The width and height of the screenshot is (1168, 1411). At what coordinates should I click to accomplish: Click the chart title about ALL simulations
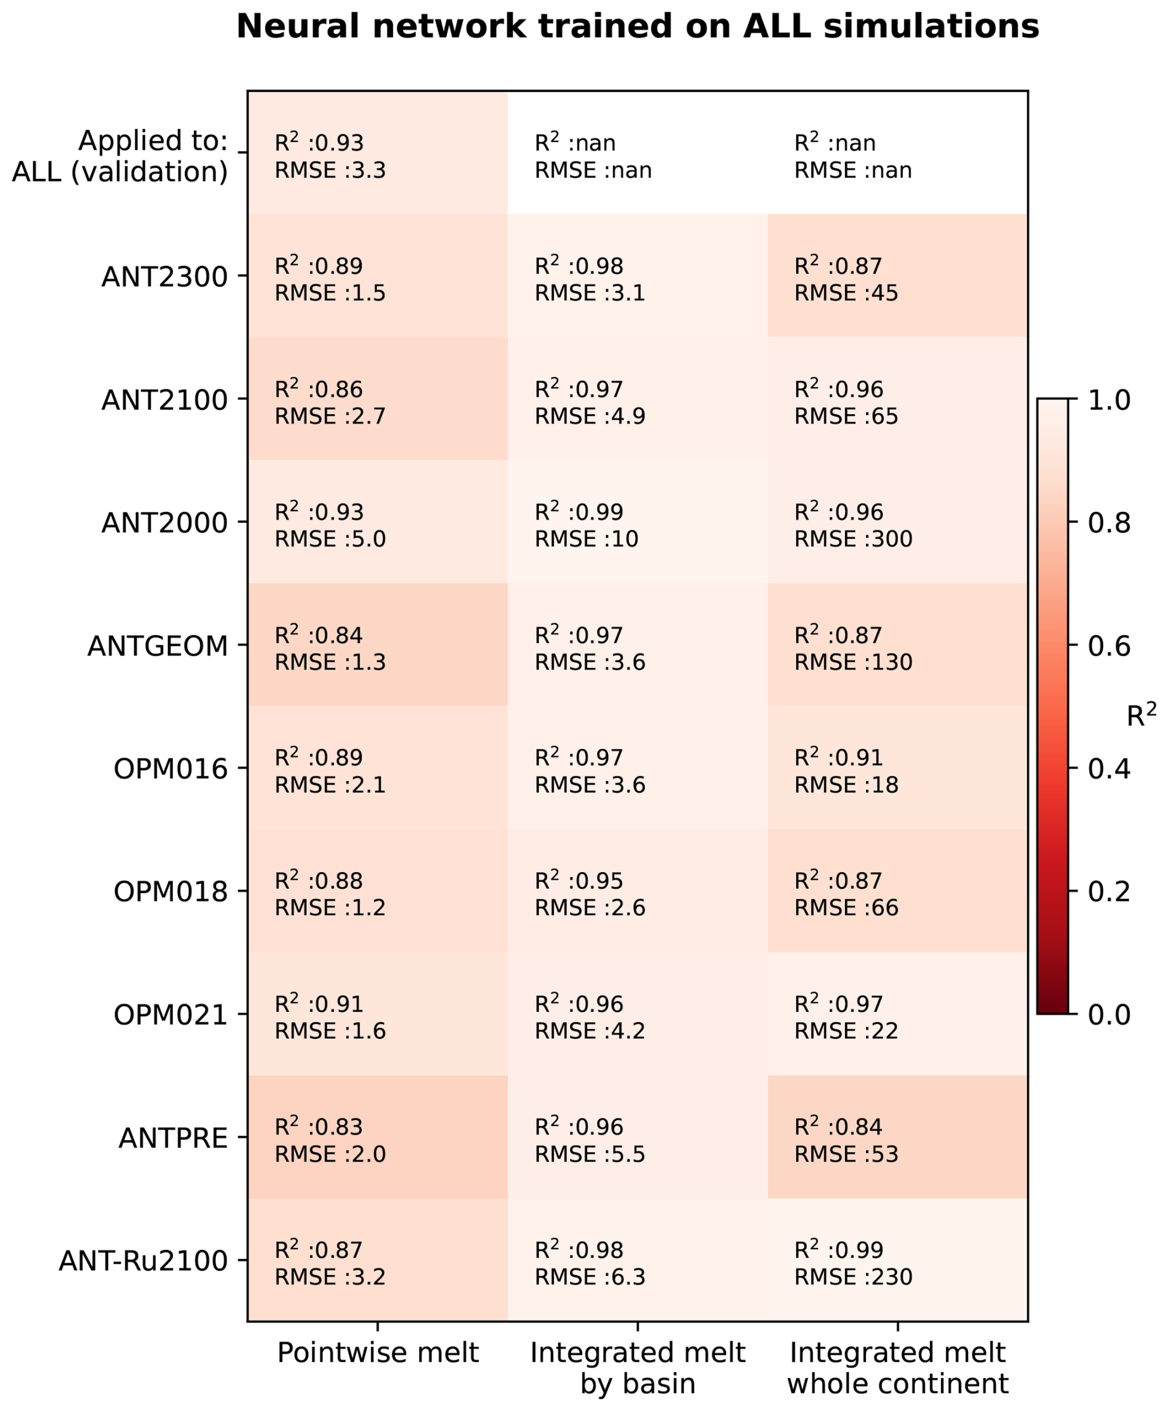(x=638, y=27)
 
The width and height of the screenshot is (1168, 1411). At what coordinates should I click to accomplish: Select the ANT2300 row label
(x=165, y=277)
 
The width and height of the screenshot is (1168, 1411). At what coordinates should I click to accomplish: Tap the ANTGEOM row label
(x=158, y=646)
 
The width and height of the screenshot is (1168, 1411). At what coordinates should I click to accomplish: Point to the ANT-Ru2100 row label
(x=143, y=1260)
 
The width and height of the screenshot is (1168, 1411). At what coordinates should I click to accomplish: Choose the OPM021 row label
(x=171, y=1015)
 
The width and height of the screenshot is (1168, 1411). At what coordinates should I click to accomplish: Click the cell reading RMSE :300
(x=898, y=522)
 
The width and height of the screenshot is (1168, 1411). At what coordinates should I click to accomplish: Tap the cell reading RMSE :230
(x=898, y=1260)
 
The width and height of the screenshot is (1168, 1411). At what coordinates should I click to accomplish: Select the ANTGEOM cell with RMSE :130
(x=898, y=644)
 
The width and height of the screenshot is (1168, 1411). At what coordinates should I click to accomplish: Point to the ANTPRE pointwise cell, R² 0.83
(x=378, y=1137)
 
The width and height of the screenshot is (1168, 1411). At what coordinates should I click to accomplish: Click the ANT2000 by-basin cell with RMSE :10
(x=638, y=522)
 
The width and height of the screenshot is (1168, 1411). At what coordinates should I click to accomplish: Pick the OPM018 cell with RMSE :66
(x=898, y=891)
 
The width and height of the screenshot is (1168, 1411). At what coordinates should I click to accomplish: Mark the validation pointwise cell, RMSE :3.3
(x=378, y=152)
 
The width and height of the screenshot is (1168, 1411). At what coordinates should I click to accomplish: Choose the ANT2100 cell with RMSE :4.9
(x=638, y=399)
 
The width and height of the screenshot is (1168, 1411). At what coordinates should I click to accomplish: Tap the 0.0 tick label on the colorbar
(x=1109, y=1014)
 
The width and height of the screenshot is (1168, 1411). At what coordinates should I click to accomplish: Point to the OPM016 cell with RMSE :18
(x=898, y=768)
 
